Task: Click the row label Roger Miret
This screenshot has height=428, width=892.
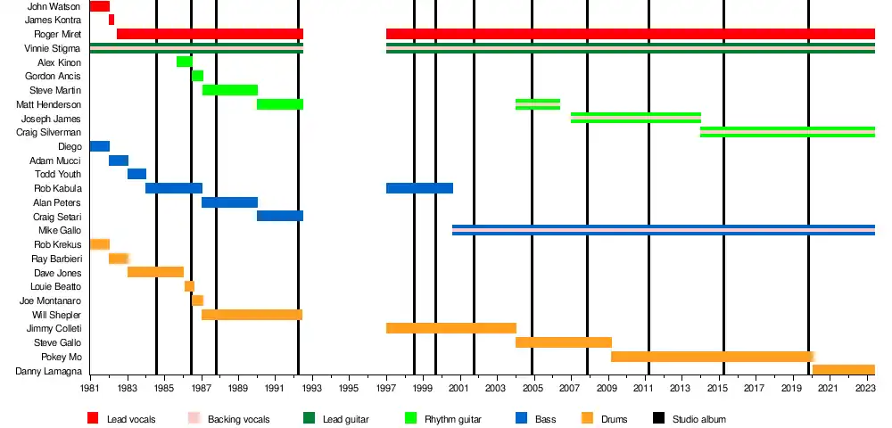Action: pyautogui.click(x=56, y=34)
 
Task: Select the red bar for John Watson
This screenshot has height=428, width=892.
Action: pyautogui.click(x=100, y=6)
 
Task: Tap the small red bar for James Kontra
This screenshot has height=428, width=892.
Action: pyautogui.click(x=111, y=20)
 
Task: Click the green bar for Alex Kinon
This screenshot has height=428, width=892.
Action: pyautogui.click(x=185, y=62)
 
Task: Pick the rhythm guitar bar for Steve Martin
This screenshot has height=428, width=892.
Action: pyautogui.click(x=230, y=90)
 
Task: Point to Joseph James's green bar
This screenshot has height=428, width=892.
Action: pyautogui.click(x=636, y=118)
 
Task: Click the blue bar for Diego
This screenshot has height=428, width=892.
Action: pyautogui.click(x=100, y=146)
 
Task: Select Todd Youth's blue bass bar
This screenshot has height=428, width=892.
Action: pyautogui.click(x=136, y=174)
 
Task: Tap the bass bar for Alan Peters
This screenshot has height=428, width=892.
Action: pyautogui.click(x=229, y=202)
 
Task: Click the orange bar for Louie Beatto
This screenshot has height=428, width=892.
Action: pyautogui.click(x=189, y=286)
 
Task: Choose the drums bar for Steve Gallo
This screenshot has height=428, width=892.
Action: pyautogui.click(x=564, y=342)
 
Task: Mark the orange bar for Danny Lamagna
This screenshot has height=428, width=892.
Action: pyautogui.click(x=843, y=370)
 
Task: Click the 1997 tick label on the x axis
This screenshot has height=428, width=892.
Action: pyautogui.click(x=385, y=389)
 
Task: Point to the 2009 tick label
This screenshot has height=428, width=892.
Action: pyautogui.click(x=607, y=389)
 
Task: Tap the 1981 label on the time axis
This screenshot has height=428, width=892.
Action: pyautogui.click(x=90, y=389)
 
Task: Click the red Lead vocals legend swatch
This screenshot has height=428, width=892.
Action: pyautogui.click(x=93, y=418)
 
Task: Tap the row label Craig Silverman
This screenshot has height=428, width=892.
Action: pyautogui.click(x=49, y=132)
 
